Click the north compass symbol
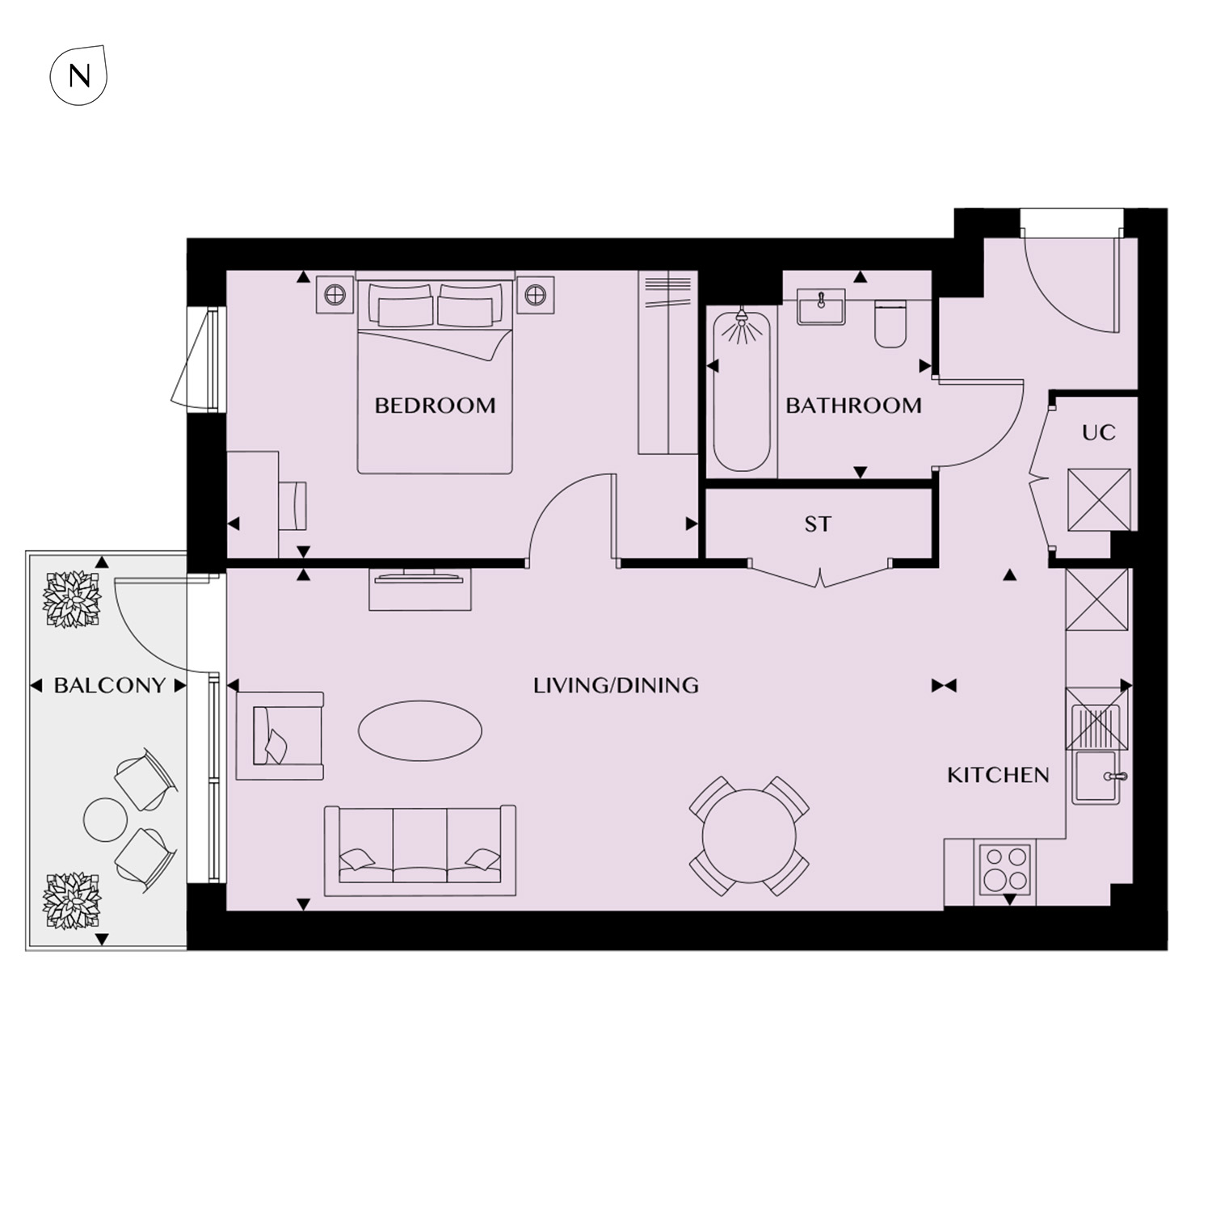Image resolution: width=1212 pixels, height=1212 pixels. [78, 75]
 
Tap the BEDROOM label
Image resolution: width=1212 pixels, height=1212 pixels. [435, 406]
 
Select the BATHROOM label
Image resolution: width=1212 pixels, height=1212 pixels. [853, 406]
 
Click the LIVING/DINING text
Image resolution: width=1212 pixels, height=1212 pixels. [616, 686]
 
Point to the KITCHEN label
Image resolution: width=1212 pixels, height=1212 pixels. [998, 776]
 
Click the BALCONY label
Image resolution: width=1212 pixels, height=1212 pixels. [109, 686]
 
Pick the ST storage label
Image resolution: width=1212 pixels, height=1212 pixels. [817, 524]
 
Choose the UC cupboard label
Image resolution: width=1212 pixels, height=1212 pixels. [1098, 433]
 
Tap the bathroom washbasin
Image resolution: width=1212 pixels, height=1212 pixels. [821, 307]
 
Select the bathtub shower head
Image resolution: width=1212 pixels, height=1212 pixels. [741, 326]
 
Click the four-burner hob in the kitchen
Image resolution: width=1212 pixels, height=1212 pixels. [1005, 869]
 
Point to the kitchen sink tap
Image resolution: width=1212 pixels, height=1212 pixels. [1116, 776]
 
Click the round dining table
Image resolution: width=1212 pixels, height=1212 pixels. [749, 836]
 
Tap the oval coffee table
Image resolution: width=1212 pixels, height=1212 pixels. [420, 730]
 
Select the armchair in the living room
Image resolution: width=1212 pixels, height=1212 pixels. [280, 735]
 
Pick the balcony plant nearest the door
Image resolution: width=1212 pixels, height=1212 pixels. [72, 599]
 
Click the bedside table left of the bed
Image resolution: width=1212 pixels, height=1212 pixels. [335, 295]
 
